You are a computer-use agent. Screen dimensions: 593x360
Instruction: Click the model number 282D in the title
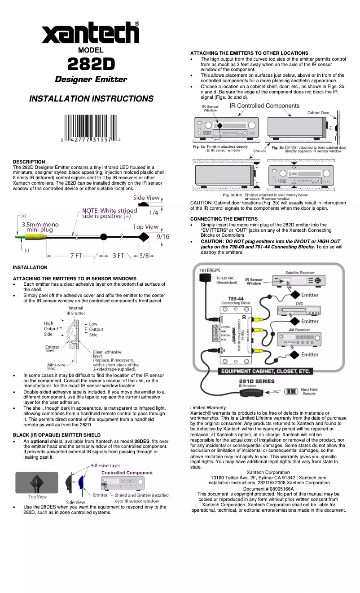tap(91, 64)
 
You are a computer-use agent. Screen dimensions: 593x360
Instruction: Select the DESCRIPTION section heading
tap(29, 162)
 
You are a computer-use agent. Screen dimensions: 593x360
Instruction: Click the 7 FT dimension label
tap(75, 256)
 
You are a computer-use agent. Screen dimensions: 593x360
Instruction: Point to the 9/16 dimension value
tap(162, 236)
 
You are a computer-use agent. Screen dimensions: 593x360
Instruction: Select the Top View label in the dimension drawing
tap(145, 227)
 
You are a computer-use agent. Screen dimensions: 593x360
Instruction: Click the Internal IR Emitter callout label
tap(75, 310)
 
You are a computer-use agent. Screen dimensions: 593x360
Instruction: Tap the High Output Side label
tap(50, 329)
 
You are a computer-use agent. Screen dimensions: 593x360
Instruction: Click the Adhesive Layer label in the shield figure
tap(105, 465)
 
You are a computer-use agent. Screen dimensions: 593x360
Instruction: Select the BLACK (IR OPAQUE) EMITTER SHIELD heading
tap(57, 435)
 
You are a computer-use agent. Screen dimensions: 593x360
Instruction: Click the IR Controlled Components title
tap(264, 106)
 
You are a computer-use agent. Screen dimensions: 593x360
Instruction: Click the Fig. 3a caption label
tap(198, 146)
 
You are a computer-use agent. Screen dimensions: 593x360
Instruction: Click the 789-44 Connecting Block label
tap(236, 301)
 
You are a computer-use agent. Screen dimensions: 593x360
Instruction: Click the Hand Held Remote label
tap(309, 391)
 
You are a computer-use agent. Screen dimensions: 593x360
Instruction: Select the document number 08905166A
tap(268, 488)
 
